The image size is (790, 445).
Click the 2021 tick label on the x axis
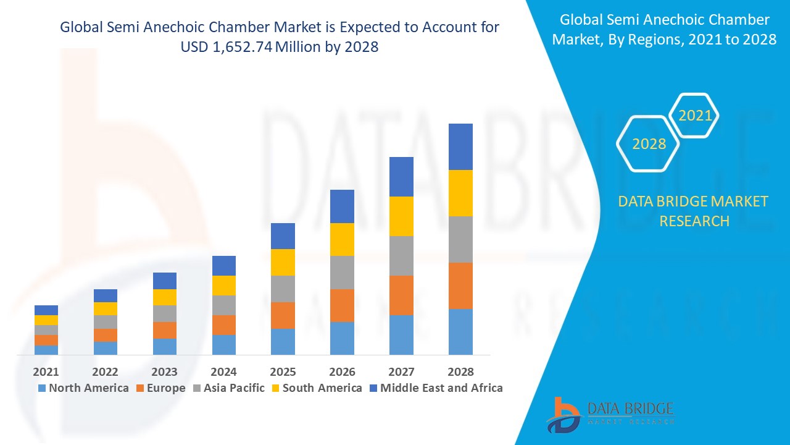pyautogui.click(x=46, y=371)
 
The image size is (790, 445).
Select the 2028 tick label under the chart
pyautogui.click(x=460, y=371)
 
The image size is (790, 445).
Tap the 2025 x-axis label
pyautogui.click(x=283, y=371)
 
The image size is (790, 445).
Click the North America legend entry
pyautogui.click(x=83, y=388)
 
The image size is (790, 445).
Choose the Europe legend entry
pyautogui.click(x=160, y=388)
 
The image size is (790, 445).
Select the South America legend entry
pyautogui.click(x=316, y=388)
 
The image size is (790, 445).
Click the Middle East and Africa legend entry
pyautogui.click(x=435, y=388)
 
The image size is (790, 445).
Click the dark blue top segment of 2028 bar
pyautogui.click(x=460, y=146)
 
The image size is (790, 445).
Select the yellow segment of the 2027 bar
pyautogui.click(x=401, y=216)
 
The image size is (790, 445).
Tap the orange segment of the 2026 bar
pyautogui.click(x=342, y=305)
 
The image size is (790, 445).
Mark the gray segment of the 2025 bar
pyautogui.click(x=283, y=289)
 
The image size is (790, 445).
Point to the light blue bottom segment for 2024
pyautogui.click(x=223, y=344)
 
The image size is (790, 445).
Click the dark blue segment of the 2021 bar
pyautogui.click(x=46, y=310)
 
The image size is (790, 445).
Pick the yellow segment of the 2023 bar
pyautogui.click(x=164, y=297)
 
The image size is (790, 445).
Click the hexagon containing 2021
pyautogui.click(x=695, y=116)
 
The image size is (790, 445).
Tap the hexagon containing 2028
pyautogui.click(x=649, y=143)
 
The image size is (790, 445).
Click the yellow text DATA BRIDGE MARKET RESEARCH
pyautogui.click(x=694, y=211)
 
